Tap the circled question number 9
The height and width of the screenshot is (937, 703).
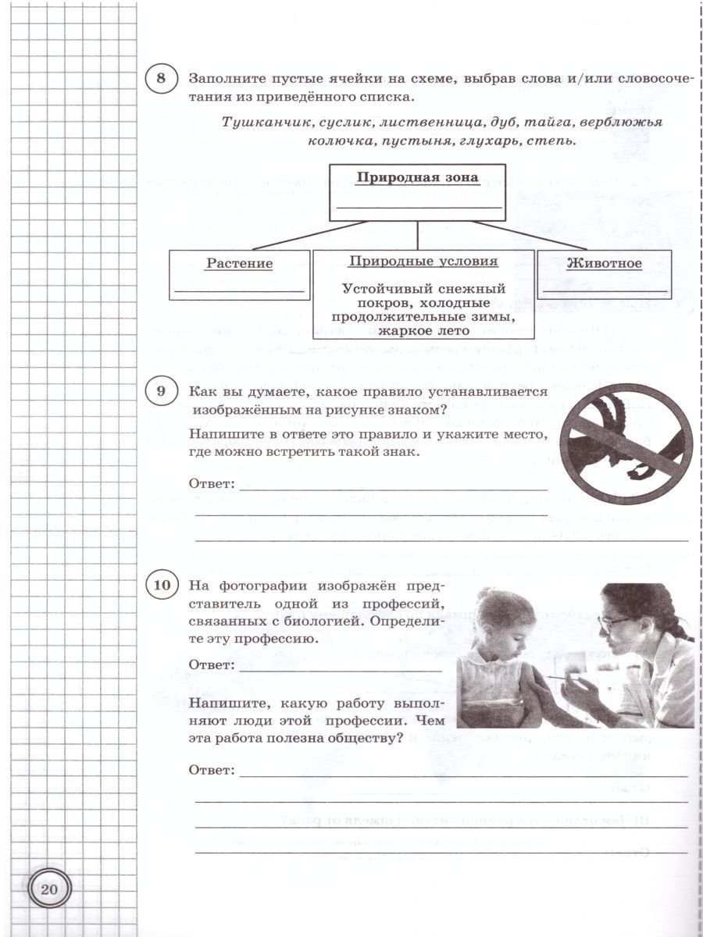[x=162, y=393]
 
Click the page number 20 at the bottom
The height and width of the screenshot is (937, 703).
[x=50, y=889]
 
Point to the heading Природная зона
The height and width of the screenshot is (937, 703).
[x=417, y=177]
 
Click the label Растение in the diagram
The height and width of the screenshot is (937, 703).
[x=239, y=264]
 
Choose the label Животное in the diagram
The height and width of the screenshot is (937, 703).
[x=604, y=263]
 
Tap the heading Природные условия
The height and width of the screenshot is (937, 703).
[x=423, y=262]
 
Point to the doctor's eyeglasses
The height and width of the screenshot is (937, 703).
[x=614, y=623]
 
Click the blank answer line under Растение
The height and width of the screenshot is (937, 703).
[x=239, y=290]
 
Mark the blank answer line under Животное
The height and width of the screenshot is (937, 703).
[x=603, y=290]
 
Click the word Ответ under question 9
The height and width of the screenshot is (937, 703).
[x=212, y=484]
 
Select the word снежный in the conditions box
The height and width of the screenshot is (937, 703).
[x=480, y=289]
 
